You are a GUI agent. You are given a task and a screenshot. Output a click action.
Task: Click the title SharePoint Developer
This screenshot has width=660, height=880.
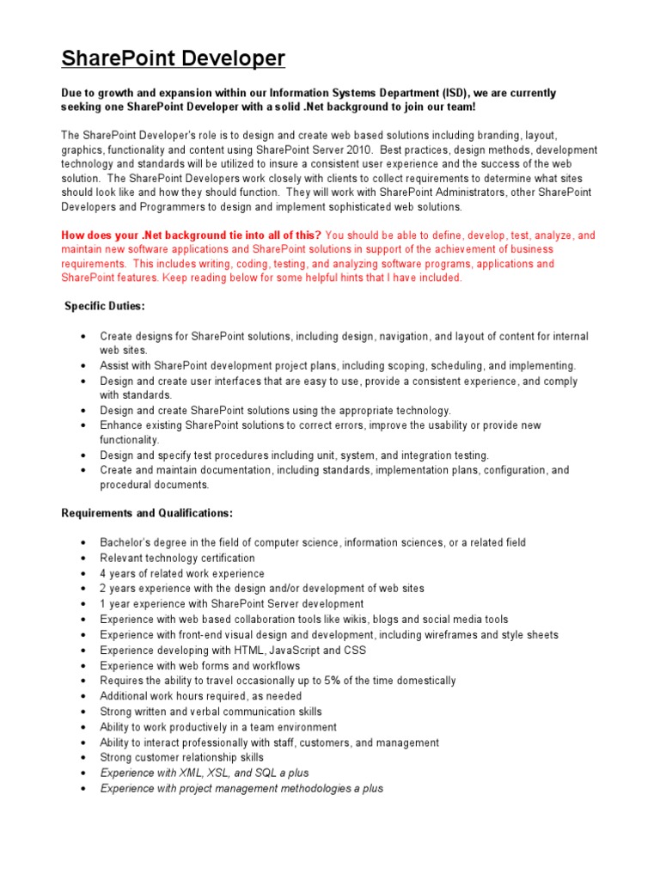pyautogui.click(x=173, y=59)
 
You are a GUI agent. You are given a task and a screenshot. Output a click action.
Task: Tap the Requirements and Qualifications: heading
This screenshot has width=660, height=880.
pyautogui.click(x=147, y=513)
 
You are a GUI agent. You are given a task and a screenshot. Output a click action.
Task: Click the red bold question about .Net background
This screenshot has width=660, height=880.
pyautogui.click(x=192, y=235)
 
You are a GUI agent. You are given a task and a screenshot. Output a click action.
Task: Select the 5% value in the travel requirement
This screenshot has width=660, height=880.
pyautogui.click(x=333, y=681)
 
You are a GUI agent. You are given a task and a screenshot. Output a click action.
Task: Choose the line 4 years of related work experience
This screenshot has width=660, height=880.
pyautogui.click(x=182, y=573)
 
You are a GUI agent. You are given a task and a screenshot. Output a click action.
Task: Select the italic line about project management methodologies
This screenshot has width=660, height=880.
pyautogui.click(x=241, y=788)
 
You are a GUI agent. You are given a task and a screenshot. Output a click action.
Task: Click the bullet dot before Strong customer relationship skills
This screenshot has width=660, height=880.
pyautogui.click(x=82, y=758)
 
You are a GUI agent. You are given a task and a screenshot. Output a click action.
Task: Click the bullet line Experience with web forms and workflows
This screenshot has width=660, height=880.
pyautogui.click(x=200, y=666)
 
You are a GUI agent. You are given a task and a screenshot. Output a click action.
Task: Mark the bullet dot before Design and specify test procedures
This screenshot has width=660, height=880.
pyautogui.click(x=82, y=455)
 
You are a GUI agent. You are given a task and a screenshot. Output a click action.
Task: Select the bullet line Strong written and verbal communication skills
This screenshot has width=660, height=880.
pyautogui.click(x=211, y=712)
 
